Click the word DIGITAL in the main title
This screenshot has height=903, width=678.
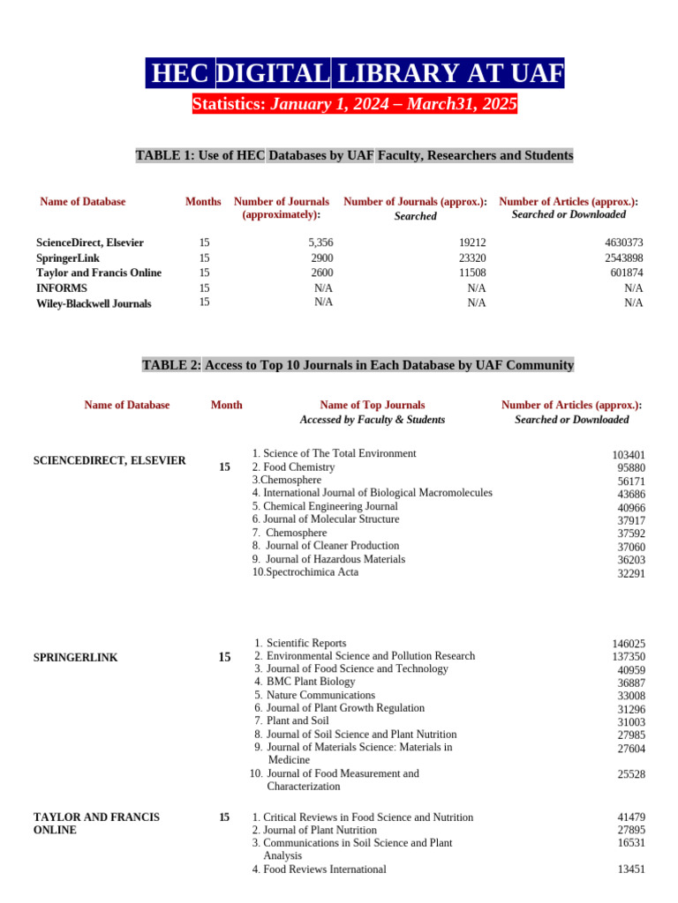(x=274, y=73)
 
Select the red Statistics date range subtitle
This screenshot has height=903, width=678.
(x=354, y=105)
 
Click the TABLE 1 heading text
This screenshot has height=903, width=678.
(x=354, y=156)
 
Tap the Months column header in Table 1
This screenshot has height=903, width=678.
(x=203, y=202)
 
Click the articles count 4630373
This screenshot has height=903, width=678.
(x=623, y=243)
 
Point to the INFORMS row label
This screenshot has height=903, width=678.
(x=62, y=288)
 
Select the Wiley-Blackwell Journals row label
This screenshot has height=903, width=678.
(x=94, y=303)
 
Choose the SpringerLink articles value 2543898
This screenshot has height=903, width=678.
(x=623, y=258)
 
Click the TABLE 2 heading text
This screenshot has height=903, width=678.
(x=358, y=365)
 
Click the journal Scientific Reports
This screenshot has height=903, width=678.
(x=305, y=644)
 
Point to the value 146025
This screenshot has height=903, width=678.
(x=629, y=645)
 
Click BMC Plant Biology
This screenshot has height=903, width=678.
(x=311, y=682)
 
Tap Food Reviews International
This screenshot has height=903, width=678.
(x=324, y=869)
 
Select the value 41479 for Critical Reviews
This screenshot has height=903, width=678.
(x=631, y=817)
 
